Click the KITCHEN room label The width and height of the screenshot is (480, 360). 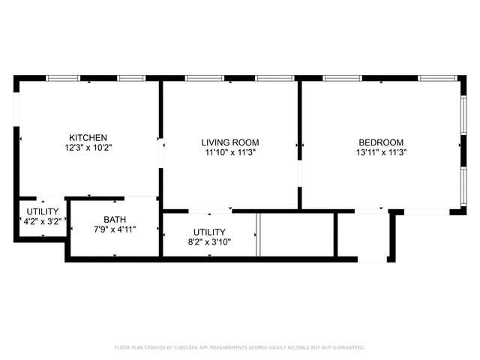pyautogui.click(x=88, y=138)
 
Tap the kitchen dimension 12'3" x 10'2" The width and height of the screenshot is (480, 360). pyautogui.click(x=88, y=148)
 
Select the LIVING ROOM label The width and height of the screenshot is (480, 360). pyautogui.click(x=230, y=142)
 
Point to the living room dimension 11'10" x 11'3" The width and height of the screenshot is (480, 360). pyautogui.click(x=230, y=152)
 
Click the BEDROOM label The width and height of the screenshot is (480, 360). pyautogui.click(x=381, y=142)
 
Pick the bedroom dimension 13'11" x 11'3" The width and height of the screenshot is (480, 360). pyautogui.click(x=381, y=152)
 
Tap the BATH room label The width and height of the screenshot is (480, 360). pyautogui.click(x=115, y=220)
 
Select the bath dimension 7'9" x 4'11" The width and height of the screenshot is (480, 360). pyautogui.click(x=115, y=229)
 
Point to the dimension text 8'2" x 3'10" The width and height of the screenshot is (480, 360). pyautogui.click(x=209, y=242)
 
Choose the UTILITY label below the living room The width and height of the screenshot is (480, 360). pyautogui.click(x=209, y=232)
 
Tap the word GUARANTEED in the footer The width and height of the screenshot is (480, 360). pyautogui.click(x=348, y=348)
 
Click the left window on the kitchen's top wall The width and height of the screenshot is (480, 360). pyautogui.click(x=63, y=78)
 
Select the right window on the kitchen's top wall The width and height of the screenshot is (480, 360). pyautogui.click(x=131, y=78)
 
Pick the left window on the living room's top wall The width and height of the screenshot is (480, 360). pyautogui.click(x=204, y=78)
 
